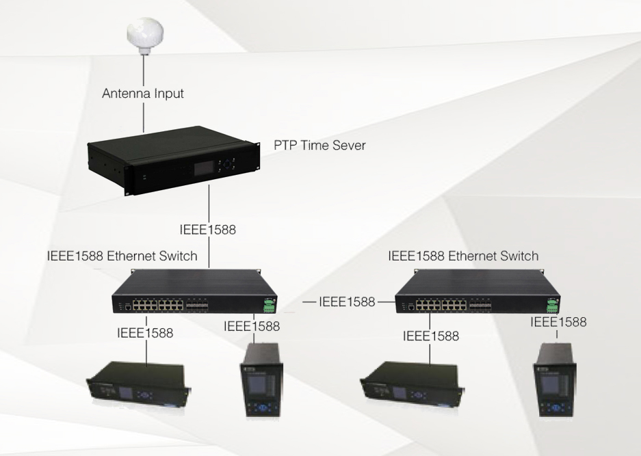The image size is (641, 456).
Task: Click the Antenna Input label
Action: click(142, 94)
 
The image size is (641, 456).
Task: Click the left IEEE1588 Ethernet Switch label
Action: click(122, 257)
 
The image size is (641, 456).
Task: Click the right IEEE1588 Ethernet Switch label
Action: click(463, 256)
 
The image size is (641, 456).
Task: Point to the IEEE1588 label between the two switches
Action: click(347, 301)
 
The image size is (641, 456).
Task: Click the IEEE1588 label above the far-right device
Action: click(558, 321)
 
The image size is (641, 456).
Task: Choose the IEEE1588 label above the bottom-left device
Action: click(144, 333)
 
